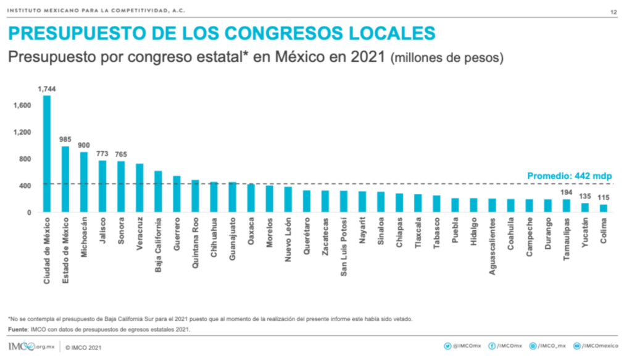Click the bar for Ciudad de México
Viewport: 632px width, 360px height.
pos(47,154)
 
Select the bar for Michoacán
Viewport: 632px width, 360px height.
pos(84,182)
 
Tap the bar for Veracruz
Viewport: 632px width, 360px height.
pos(139,188)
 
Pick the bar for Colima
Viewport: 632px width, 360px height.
pos(603,208)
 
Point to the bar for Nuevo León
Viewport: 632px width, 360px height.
pos(288,199)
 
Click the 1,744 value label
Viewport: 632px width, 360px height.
pos(47,90)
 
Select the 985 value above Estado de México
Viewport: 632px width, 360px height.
pos(65,140)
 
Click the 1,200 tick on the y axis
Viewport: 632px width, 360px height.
pos(22,132)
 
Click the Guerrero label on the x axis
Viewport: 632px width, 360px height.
pos(177,236)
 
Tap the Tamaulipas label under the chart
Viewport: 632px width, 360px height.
pos(566,241)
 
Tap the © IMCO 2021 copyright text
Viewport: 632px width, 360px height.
pos(84,347)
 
